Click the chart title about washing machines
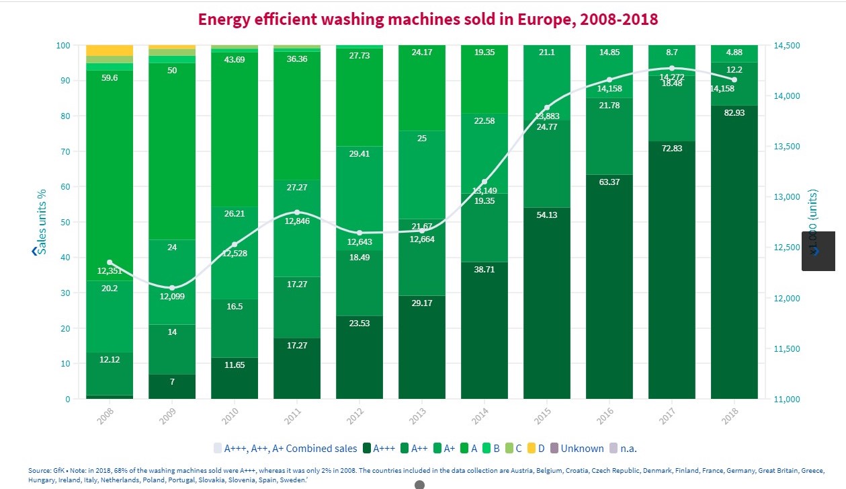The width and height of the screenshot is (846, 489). [427, 20]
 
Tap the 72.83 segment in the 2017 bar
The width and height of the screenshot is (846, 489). [671, 269]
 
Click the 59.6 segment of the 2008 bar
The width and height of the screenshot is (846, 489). [110, 175]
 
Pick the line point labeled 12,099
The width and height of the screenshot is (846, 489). [173, 288]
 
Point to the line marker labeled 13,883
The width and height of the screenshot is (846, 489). [547, 108]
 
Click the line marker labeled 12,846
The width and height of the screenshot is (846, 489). [297, 213]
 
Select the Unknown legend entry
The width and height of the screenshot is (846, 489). [582, 448]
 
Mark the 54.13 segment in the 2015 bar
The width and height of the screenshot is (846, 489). [547, 303]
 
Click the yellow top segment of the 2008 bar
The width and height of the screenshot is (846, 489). [110, 50]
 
